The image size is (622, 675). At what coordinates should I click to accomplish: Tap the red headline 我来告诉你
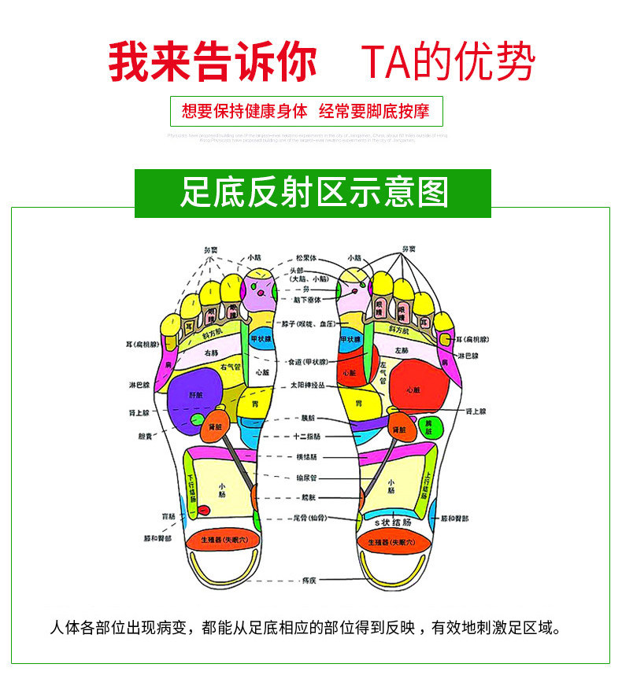pos(212,62)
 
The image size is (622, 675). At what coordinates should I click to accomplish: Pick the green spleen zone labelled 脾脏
pos(429,426)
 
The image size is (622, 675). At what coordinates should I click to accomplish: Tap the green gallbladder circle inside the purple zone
pos(195,419)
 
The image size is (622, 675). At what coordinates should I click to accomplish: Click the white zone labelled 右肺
pos(211,354)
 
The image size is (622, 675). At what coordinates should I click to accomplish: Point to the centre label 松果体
pos(305,257)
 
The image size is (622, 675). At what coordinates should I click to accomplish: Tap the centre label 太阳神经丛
pos(306,385)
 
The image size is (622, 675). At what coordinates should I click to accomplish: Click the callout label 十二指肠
pos(305,436)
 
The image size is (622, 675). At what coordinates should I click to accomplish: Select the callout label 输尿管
pos(306,477)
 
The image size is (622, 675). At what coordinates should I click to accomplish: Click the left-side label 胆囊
pos(147,435)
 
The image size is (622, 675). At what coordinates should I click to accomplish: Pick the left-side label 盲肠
pos(168,517)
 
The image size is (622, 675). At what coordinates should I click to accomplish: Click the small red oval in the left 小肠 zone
pos(203,510)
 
